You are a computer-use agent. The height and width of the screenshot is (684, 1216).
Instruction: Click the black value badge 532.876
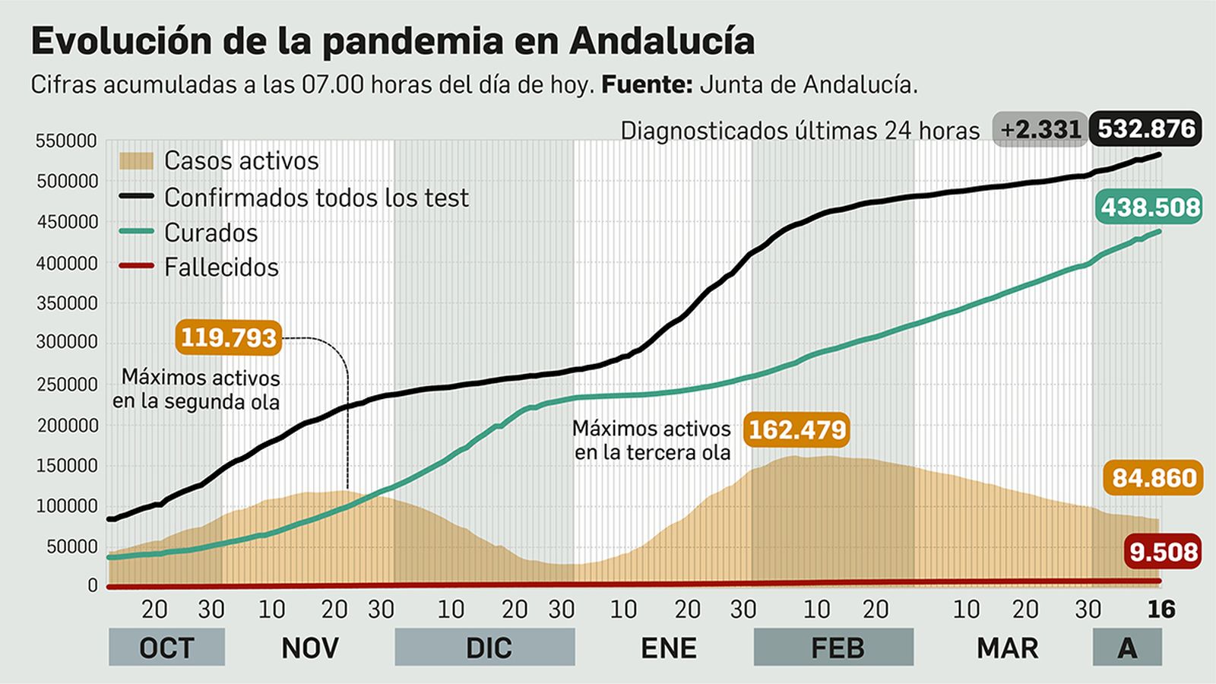[x=1146, y=129]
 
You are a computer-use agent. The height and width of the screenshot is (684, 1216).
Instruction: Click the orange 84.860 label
[x=1154, y=478]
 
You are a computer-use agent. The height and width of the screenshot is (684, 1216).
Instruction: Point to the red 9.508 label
[x=1163, y=552]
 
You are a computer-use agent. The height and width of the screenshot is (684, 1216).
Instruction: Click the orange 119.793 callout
[x=228, y=337]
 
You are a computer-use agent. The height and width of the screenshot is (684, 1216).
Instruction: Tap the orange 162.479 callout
[x=796, y=430]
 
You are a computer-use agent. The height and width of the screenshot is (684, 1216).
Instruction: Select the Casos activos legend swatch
[x=136, y=160]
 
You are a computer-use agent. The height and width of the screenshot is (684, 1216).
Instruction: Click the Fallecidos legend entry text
[x=221, y=268]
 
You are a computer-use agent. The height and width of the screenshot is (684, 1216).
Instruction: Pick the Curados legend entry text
[x=211, y=233]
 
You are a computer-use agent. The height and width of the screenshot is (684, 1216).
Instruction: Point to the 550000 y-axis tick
[x=66, y=141]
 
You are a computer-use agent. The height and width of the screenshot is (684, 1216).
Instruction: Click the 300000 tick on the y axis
[x=66, y=343]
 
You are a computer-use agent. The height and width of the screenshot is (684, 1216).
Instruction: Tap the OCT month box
[x=166, y=648]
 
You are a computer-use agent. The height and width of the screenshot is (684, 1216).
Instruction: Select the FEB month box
[x=834, y=648]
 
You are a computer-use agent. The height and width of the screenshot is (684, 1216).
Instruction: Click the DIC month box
[x=485, y=648]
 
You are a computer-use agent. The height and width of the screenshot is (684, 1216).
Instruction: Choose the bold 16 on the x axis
[x=1161, y=609]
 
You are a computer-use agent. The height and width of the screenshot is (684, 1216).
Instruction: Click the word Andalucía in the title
[x=661, y=41]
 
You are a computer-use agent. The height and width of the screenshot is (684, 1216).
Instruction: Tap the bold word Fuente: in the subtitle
[x=646, y=84]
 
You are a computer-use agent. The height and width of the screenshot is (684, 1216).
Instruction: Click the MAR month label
[x=1007, y=648]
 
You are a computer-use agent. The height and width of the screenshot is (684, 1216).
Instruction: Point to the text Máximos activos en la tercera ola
[x=651, y=441]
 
